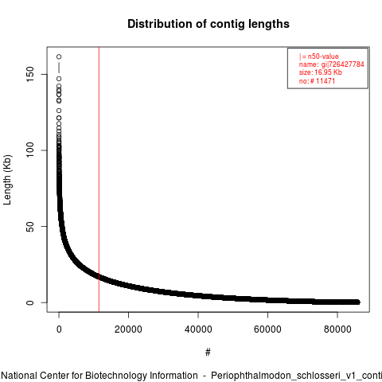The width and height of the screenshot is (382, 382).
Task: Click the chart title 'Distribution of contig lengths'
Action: (x=209, y=24)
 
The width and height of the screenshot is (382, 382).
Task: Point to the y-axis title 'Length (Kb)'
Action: (x=7, y=180)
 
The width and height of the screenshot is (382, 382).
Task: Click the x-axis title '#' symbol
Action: (x=208, y=353)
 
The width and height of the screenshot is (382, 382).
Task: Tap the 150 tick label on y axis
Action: (x=30, y=74)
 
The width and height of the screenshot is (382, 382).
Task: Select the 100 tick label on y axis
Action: (x=30, y=150)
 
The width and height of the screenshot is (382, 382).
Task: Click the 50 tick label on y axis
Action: (x=30, y=226)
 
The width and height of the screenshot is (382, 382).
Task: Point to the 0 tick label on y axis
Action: (x=30, y=302)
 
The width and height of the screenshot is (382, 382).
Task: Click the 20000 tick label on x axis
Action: (x=128, y=329)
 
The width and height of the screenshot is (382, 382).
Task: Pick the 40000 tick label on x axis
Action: (x=198, y=329)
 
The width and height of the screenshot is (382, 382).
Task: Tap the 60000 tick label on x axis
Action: (x=267, y=329)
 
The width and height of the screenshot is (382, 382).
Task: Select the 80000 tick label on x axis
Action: (x=337, y=329)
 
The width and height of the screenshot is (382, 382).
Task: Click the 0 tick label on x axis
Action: (x=59, y=329)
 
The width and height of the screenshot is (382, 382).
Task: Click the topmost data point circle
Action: (x=59, y=57)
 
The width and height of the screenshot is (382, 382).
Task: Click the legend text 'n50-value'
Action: (x=323, y=57)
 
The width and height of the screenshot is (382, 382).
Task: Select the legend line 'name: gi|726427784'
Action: (x=332, y=64)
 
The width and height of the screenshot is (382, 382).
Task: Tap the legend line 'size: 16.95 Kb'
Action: (x=321, y=72)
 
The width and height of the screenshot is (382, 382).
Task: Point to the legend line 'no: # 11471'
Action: (x=317, y=80)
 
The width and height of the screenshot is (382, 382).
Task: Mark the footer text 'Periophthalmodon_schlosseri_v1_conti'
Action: (x=296, y=376)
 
